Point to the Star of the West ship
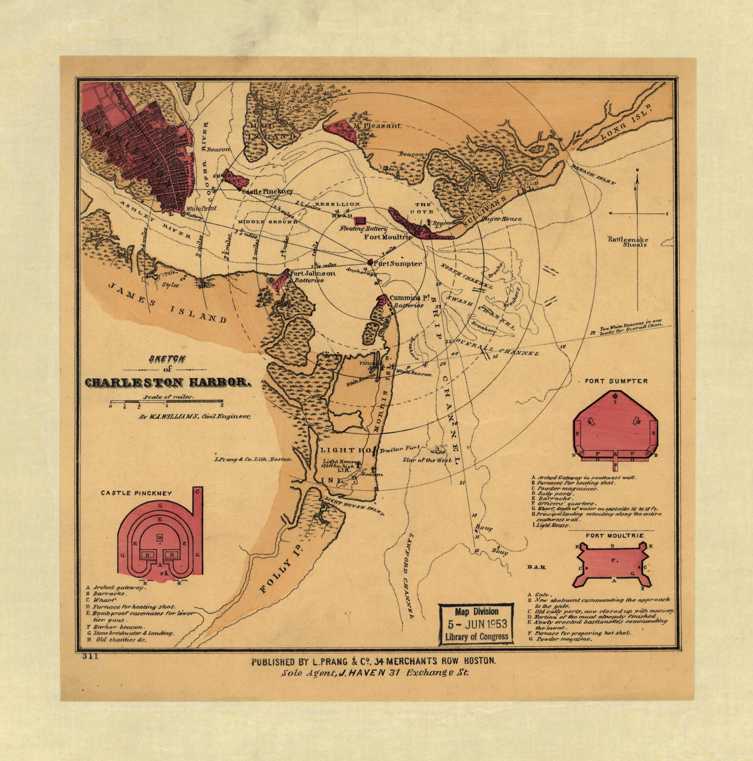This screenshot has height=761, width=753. coord(437,449)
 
